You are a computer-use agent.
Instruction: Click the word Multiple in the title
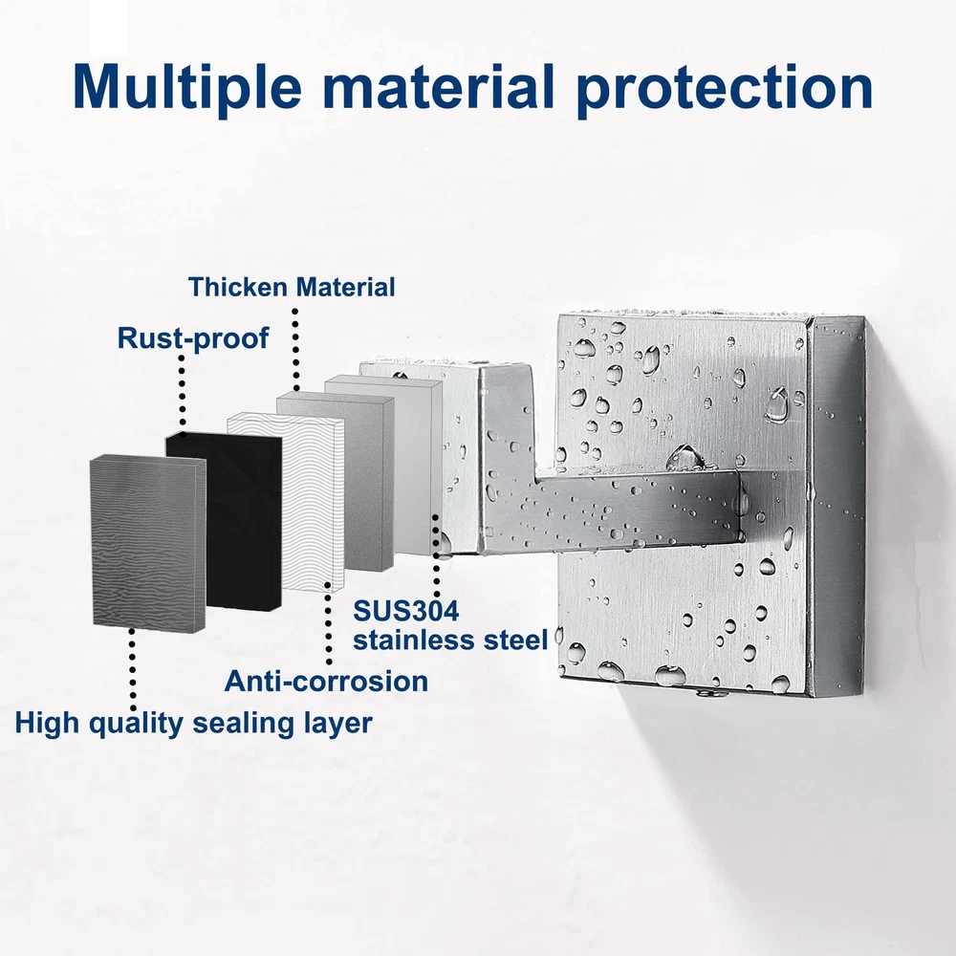[187, 87]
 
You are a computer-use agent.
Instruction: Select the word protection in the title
[725, 88]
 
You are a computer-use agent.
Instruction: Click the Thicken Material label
[292, 287]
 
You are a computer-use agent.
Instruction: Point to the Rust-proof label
[193, 338]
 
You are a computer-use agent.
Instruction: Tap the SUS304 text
[406, 611]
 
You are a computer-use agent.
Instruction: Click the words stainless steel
[450, 641]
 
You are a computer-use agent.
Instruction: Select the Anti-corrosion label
[326, 681]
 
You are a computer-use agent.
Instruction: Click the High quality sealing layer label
[193, 723]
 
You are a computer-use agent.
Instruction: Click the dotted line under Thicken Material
[295, 348]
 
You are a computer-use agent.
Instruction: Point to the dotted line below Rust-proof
[182, 389]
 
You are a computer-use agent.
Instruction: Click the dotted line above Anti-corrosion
[329, 623]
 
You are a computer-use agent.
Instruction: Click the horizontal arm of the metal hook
[610, 510]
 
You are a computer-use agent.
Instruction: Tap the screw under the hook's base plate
[707, 693]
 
